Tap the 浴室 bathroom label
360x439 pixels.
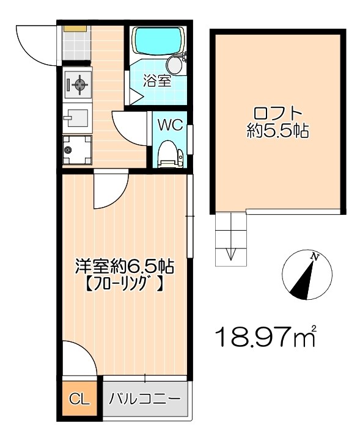pos(157,81)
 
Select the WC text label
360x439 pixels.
pos(169,125)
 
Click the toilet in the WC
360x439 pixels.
pos(167,153)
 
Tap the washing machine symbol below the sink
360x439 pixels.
pos(77,148)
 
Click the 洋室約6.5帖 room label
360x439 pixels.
pos(124,266)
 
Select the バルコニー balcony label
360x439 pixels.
pos(144,400)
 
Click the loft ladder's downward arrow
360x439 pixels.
pos(231,254)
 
